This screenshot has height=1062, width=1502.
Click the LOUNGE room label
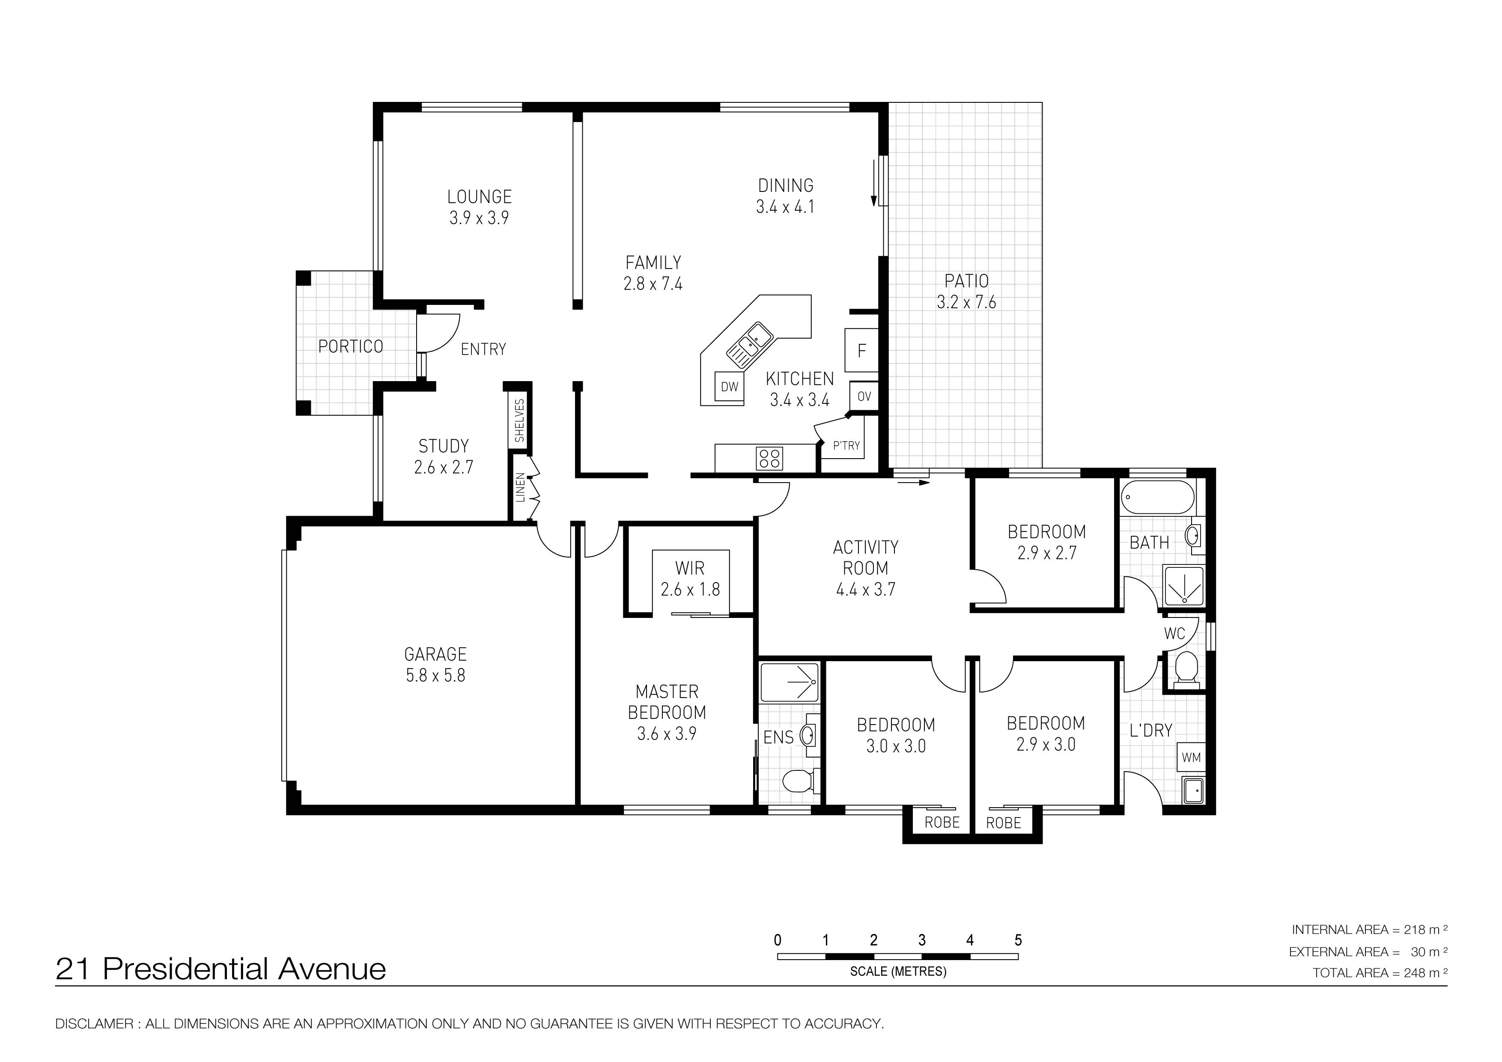tap(480, 196)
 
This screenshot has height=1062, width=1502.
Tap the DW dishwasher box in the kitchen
tap(730, 387)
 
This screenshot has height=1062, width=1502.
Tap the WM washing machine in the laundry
tap(1191, 758)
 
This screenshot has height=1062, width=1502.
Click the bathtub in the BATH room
tap(1158, 497)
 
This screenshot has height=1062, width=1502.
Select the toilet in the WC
tap(1186, 669)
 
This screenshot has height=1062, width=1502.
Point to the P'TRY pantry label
tap(846, 446)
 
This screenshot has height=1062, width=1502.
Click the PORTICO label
tap(351, 346)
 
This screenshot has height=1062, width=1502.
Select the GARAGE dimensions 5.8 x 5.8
tap(436, 675)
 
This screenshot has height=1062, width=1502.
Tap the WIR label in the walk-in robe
tap(690, 568)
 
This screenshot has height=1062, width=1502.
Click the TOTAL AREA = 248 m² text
tap(1380, 973)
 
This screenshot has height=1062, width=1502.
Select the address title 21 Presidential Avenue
tap(221, 969)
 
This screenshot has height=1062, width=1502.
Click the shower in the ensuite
tap(790, 683)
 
